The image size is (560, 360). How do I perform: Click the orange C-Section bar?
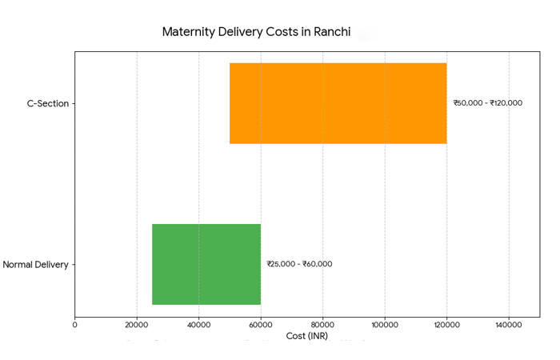click(338, 103)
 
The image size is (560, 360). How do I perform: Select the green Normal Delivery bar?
click(206, 264)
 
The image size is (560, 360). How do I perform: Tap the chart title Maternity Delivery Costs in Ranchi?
click(256, 32)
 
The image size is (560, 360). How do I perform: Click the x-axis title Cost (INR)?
click(306, 336)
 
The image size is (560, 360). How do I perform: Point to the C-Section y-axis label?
click(48, 103)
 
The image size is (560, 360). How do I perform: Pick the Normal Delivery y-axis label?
click(35, 264)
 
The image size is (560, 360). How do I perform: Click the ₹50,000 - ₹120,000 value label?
click(487, 103)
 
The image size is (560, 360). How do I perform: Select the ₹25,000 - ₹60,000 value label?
click(299, 264)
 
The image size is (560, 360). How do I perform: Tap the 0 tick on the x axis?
click(75, 325)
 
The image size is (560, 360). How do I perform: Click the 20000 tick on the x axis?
click(137, 325)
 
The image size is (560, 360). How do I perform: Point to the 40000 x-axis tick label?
click(199, 325)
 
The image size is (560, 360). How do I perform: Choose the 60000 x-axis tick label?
click(261, 325)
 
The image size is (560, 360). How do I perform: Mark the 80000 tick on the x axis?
click(322, 325)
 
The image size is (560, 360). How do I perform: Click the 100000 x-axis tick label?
click(385, 325)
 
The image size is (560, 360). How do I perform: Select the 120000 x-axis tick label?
click(446, 325)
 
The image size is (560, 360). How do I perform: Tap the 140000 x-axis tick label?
click(509, 325)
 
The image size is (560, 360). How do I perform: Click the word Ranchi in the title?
click(330, 32)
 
